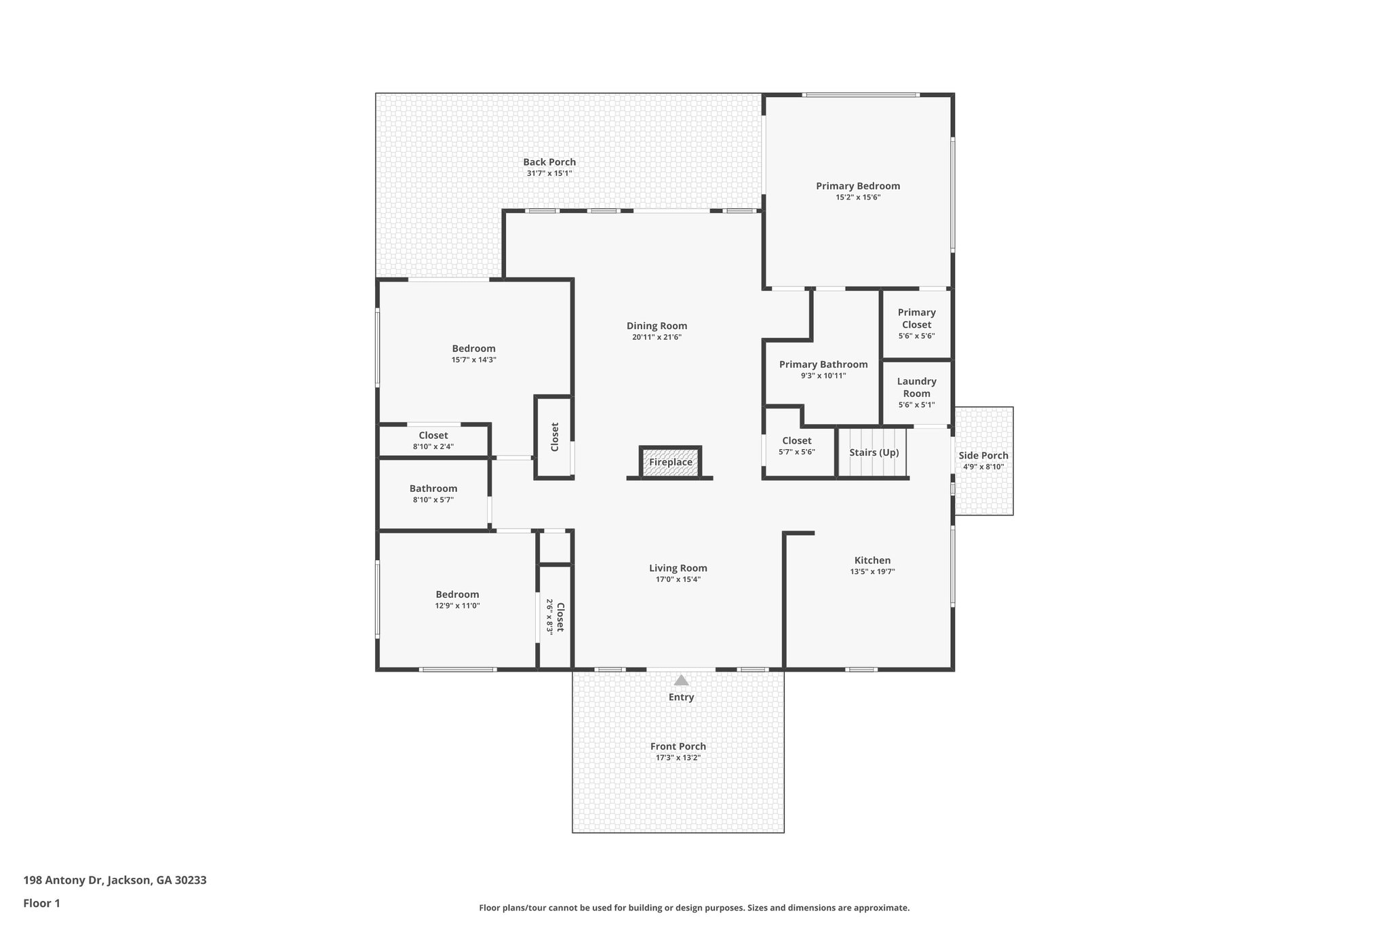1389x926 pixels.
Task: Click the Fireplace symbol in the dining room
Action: [670, 462]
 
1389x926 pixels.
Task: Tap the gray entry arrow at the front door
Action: [681, 680]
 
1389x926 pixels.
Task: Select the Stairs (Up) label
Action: [874, 452]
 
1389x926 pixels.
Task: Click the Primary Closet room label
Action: [916, 318]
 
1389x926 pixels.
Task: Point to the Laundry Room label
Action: [916, 387]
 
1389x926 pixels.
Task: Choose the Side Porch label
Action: [983, 456]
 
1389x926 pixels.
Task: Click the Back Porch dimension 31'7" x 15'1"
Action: [549, 174]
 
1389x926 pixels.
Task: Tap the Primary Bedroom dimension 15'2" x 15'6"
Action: [857, 197]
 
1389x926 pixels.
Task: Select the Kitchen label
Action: [872, 560]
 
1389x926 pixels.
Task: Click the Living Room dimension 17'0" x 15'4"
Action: [678, 579]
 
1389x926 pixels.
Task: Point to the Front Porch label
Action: [678, 746]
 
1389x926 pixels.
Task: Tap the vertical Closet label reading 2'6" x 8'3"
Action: [555, 617]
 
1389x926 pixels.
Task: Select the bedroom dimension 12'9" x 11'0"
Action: [457, 606]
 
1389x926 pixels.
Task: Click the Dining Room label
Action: [657, 326]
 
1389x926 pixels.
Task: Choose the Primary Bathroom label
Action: [823, 364]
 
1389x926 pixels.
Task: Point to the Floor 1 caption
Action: [41, 903]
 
